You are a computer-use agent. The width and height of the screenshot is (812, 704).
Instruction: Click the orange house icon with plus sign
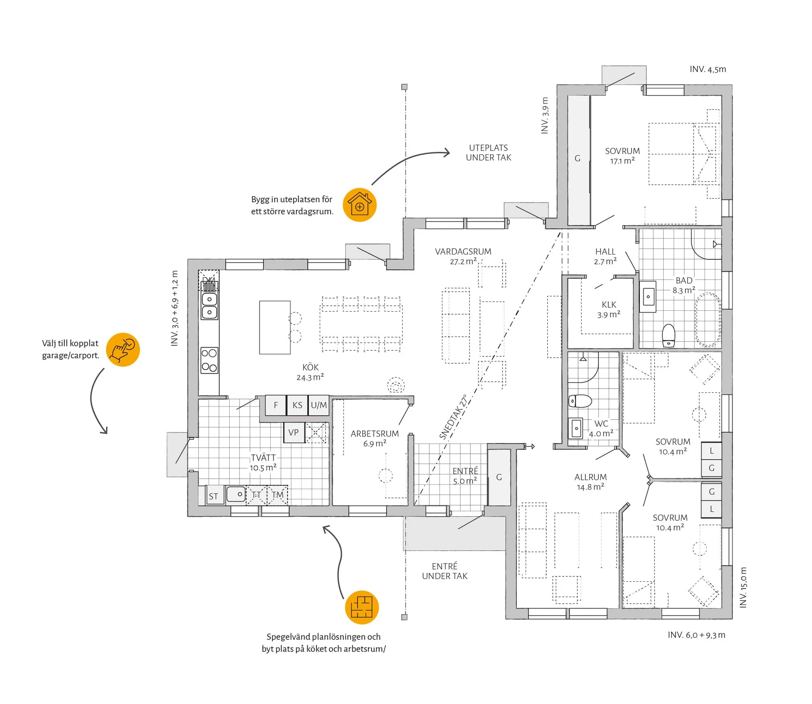pos(359,205)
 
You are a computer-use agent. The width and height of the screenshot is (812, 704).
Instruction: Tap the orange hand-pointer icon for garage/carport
pos(123,349)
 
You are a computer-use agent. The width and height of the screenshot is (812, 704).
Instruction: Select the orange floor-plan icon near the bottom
pos(362,607)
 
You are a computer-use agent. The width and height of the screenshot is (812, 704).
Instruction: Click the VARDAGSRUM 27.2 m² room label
pos(463,256)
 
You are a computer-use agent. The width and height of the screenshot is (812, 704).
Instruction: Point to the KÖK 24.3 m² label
pos(310,372)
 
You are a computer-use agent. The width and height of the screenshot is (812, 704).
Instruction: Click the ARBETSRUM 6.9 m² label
pos(375,438)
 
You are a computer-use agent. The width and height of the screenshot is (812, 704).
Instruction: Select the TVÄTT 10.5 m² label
pos(263,463)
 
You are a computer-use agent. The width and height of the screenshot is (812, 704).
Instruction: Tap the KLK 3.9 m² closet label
pos(609,310)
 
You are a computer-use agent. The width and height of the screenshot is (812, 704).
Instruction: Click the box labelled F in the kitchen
pos(276,405)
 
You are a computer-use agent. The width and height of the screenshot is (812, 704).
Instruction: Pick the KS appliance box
pos(297,405)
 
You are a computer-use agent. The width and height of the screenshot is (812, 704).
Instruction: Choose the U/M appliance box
pos(318,405)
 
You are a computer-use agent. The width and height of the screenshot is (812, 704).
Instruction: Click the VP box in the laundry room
pos(294,433)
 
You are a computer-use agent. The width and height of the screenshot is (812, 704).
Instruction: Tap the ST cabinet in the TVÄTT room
pos(214,496)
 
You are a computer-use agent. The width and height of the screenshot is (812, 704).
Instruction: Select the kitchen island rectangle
pos(275,327)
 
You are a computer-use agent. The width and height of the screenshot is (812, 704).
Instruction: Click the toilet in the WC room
pos(580,400)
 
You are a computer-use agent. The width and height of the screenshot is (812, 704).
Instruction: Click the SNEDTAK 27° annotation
pos(453,417)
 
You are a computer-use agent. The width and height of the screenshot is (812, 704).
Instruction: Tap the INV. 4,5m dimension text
pos(708,69)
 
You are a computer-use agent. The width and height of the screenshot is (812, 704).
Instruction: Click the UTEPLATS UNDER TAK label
pos(488,153)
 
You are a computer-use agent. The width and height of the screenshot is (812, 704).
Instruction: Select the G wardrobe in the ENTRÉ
pos(499,477)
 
